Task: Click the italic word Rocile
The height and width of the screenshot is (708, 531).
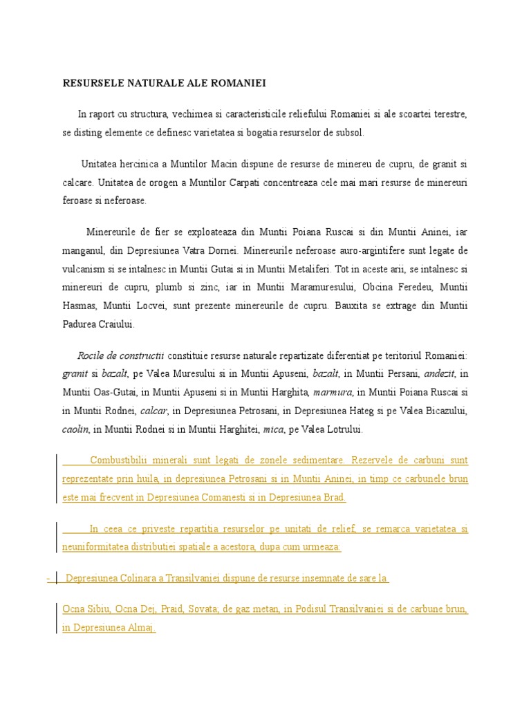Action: pos(92,355)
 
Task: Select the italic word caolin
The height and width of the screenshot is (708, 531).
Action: pos(75,430)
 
